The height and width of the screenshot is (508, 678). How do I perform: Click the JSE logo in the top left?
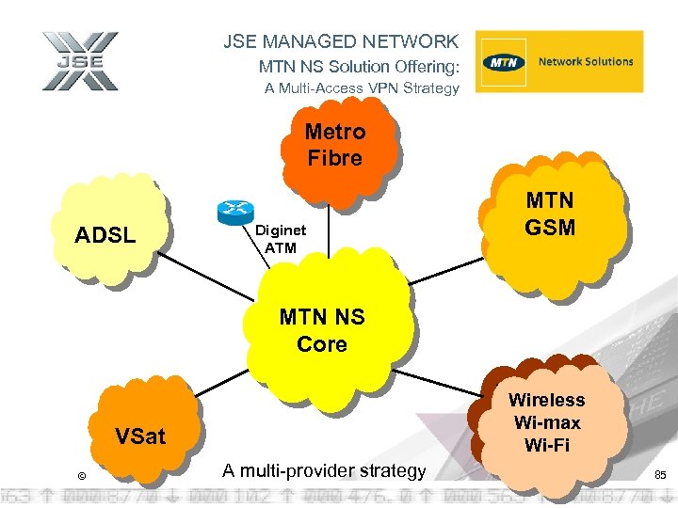pos(80,62)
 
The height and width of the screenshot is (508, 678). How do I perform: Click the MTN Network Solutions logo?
pos(558,62)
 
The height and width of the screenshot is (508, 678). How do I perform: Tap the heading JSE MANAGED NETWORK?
pos(341,41)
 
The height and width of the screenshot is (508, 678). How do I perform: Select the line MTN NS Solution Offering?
pos(359,67)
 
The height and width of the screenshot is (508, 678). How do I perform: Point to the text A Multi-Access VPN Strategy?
pos(362,88)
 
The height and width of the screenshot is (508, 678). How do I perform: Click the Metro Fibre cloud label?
pos(334,145)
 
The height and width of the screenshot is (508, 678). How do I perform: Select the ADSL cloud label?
pos(105,234)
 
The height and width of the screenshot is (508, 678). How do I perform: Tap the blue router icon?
pos(234,213)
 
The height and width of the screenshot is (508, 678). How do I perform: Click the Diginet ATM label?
pos(280,239)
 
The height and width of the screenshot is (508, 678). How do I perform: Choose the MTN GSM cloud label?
pos(550,214)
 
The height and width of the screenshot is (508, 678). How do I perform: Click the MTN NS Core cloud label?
pos(322,331)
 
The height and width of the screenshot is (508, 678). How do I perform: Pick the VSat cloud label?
pos(139,436)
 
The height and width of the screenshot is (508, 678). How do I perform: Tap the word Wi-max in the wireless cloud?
pos(547,422)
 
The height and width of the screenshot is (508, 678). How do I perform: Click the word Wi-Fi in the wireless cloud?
pos(547,445)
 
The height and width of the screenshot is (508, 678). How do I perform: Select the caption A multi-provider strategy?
pos(324,470)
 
